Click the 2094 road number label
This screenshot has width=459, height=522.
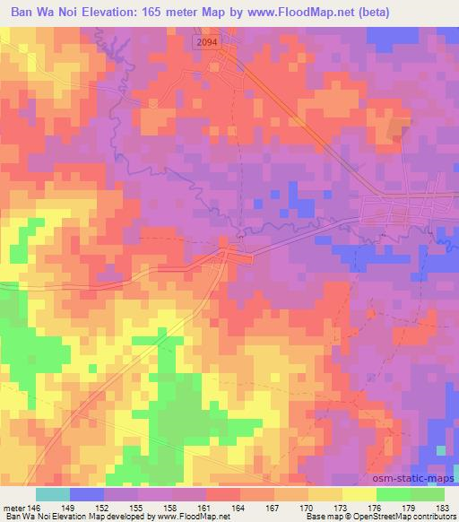click(206, 43)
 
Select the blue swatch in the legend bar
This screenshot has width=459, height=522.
click(86, 494)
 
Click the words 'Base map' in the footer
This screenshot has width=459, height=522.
click(319, 517)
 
